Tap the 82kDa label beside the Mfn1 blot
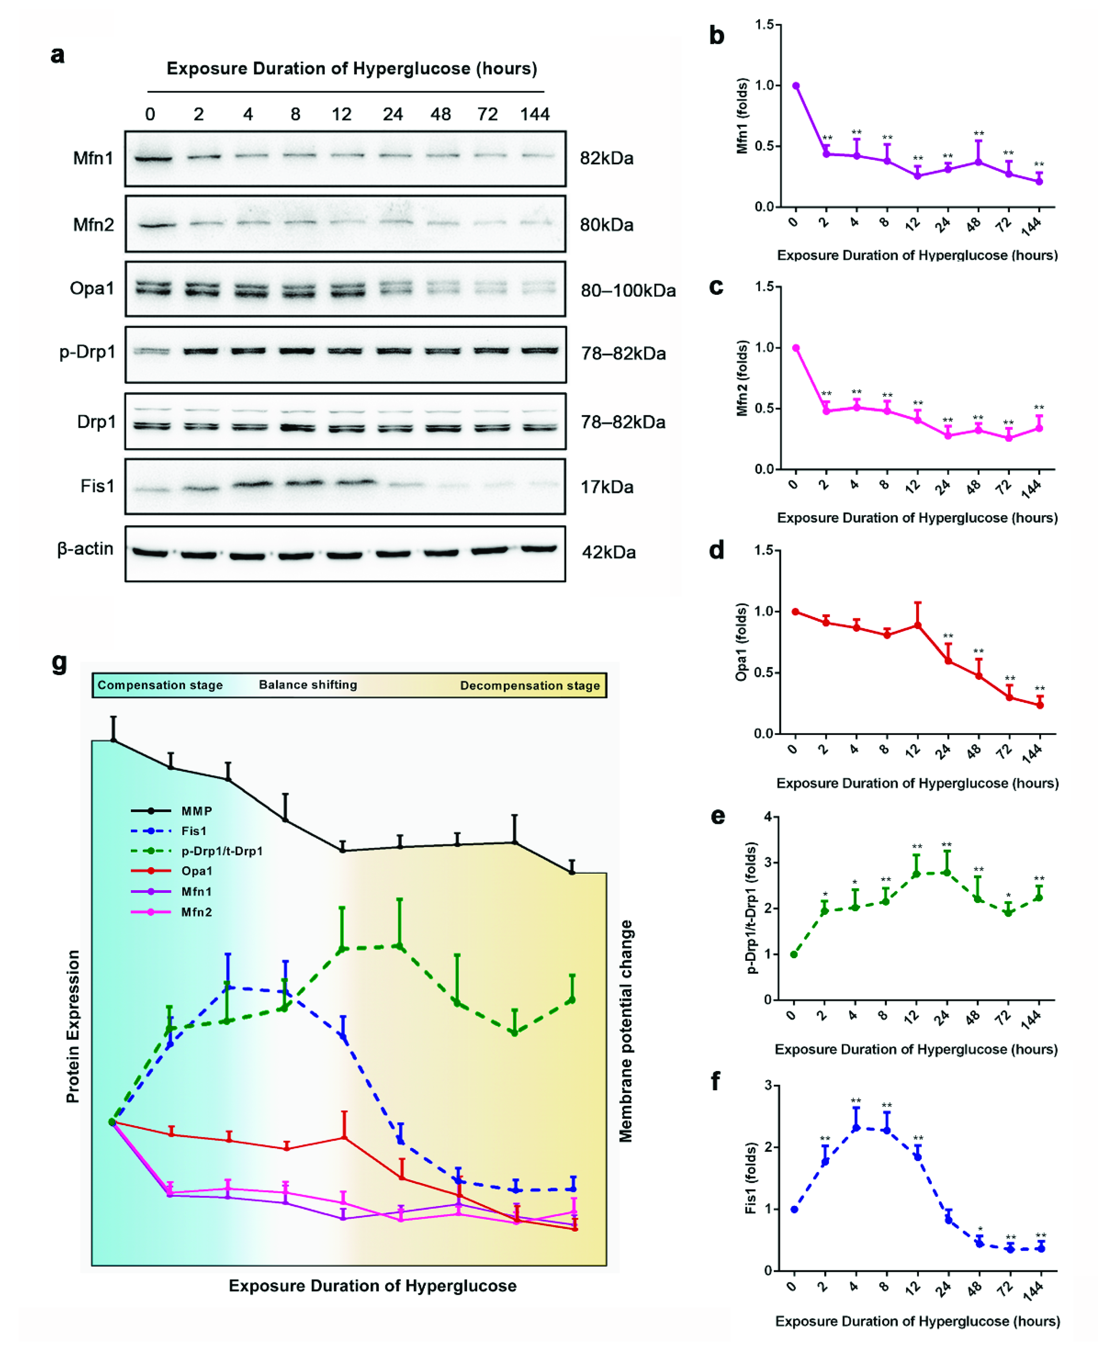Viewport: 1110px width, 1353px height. (606, 159)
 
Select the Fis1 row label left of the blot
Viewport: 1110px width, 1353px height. (97, 486)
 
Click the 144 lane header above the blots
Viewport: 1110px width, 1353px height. (535, 114)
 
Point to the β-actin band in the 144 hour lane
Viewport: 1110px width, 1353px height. (538, 549)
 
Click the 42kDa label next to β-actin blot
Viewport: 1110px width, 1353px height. (608, 552)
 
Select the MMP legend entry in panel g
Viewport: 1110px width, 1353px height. (196, 811)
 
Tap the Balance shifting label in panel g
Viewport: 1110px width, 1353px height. (307, 685)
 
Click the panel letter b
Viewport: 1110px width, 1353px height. (717, 36)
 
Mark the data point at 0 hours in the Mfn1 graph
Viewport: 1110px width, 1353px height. (796, 86)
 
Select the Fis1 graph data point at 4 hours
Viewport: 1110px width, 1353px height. (856, 1127)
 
